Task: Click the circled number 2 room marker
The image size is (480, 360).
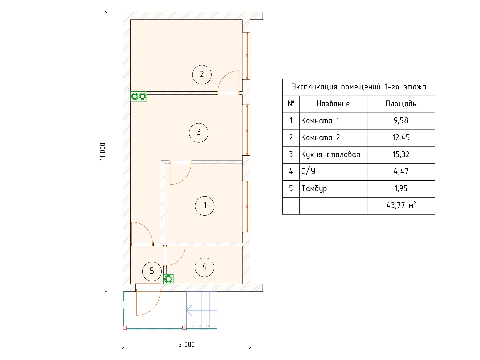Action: point(202,75)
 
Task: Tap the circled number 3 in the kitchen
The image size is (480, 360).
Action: point(199,133)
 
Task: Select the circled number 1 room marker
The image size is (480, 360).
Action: point(204,206)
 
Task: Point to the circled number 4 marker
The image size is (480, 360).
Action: point(204,267)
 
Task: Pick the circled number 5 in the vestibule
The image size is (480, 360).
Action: point(152,271)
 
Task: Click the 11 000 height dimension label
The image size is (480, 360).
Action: point(103,151)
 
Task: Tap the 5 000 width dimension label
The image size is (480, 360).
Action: point(186,345)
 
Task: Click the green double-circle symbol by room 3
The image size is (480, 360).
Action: point(139,96)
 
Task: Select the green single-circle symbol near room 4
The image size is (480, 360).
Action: point(168,279)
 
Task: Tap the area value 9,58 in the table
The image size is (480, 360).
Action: point(401,121)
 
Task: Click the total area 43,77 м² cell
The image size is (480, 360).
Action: point(401,205)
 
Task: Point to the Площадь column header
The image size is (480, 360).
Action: point(401,104)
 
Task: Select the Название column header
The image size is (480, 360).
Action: point(333,104)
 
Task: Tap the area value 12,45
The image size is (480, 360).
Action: point(401,137)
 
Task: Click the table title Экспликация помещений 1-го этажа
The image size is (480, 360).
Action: point(359,87)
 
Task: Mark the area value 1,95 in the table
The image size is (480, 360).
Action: point(401,188)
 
